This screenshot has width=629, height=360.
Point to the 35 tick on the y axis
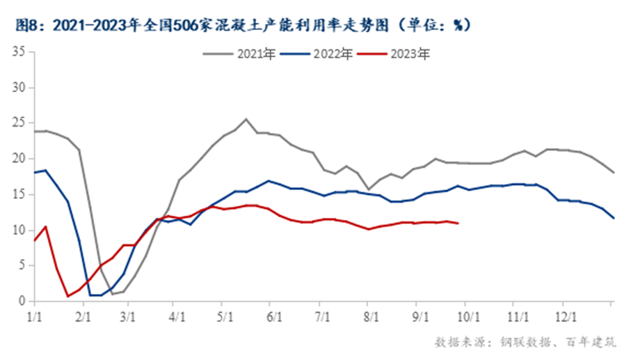(19, 52)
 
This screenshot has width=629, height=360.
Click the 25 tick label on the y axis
(19, 124)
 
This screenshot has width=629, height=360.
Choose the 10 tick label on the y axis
(19, 230)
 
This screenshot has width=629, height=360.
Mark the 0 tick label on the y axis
(22, 302)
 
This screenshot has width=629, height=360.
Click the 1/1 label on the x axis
(33, 315)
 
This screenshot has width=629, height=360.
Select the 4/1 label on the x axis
(177, 315)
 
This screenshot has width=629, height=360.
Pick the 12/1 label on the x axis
(564, 315)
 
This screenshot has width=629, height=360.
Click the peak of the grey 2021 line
(246, 119)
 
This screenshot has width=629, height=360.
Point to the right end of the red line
(457, 223)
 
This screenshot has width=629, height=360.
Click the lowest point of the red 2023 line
(68, 296)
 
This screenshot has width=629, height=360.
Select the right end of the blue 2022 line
(613, 218)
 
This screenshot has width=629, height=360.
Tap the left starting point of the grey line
(33, 131)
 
